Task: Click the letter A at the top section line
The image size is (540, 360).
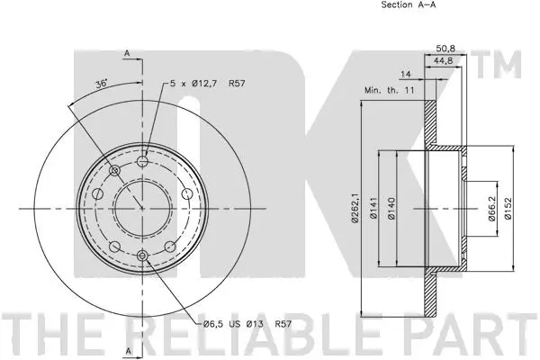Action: tap(128, 54)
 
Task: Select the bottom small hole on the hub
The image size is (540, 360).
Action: tap(142, 256)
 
